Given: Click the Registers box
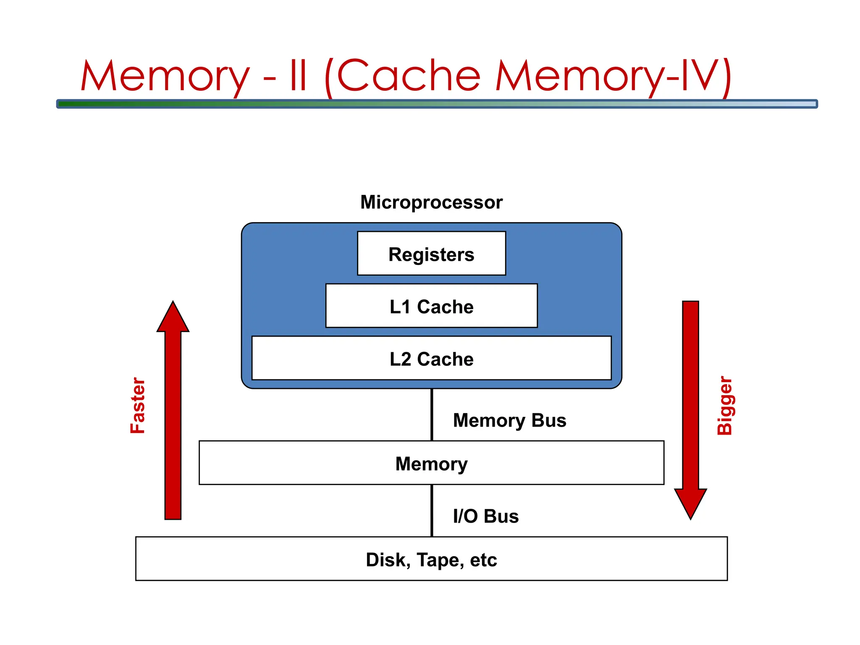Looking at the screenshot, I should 431,254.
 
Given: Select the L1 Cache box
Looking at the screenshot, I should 431,306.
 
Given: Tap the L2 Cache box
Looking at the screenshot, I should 431,358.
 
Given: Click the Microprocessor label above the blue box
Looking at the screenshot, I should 431,202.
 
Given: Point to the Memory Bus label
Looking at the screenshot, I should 509,420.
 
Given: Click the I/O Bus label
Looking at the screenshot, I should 485,516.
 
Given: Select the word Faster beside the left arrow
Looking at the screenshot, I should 138,405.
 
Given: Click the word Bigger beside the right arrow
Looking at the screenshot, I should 724,405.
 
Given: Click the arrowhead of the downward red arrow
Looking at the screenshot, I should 690,502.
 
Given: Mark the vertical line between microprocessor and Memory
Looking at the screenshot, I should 432,414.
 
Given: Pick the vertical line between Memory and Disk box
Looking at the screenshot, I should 432,510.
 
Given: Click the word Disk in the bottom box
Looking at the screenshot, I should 386,560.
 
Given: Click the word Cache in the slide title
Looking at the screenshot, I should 408,76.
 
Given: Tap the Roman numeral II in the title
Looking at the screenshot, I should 298,76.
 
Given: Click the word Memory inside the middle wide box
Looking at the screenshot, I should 431,464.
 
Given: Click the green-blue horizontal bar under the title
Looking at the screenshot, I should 437,104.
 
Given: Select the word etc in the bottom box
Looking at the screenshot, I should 483,560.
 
